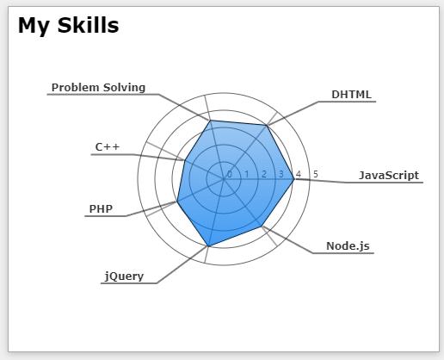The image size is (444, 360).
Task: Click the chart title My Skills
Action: click(68, 26)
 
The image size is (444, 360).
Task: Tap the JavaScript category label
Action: click(389, 175)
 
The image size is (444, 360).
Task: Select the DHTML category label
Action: click(351, 95)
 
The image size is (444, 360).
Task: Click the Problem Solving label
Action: click(98, 88)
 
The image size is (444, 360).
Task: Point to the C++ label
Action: click(108, 147)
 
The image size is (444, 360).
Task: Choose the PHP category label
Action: click(101, 209)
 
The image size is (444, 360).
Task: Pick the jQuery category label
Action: click(124, 276)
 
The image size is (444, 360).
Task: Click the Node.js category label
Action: click(348, 246)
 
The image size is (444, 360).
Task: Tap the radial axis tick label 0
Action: click(230, 174)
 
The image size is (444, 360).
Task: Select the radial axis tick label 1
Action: click(247, 174)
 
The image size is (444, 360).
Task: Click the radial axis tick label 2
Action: click(264, 174)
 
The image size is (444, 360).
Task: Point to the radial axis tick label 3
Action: click(281, 174)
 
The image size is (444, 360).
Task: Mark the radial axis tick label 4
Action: click(299, 174)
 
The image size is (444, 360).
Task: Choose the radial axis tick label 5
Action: click(316, 174)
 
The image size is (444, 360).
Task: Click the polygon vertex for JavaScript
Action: click(294, 179)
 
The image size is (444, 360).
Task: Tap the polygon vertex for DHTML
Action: click(267, 125)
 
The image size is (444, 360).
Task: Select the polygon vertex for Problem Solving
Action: click(210, 121)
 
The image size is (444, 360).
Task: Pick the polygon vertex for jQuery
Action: click(208, 246)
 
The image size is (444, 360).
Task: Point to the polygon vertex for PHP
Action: click(177, 202)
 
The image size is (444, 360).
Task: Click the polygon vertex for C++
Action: click(184, 160)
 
